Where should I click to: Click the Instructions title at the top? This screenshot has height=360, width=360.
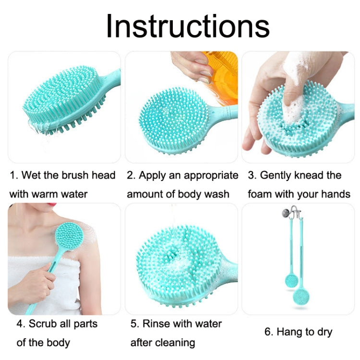pyautogui.click(x=187, y=26)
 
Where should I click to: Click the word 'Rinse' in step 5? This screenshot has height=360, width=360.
pyautogui.click(x=157, y=324)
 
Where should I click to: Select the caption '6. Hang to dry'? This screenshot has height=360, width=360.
pyautogui.click(x=298, y=332)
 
